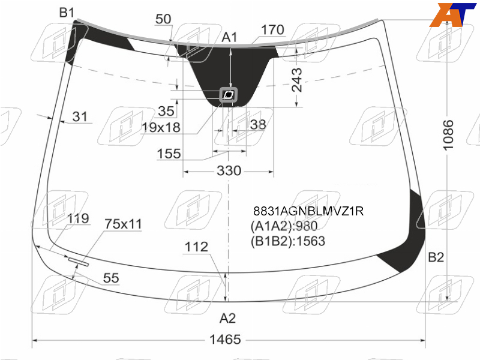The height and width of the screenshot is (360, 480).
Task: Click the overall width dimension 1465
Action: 225,340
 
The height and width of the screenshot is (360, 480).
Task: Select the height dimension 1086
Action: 448,135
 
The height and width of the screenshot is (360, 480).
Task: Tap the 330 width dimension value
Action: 229,170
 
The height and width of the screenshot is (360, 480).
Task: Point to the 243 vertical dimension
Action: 296,80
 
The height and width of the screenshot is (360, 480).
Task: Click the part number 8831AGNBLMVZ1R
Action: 308,211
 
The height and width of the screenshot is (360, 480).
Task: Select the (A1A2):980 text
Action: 284,226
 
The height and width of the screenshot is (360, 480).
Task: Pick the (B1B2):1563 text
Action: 288,241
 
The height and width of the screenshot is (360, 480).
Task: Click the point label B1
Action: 67,13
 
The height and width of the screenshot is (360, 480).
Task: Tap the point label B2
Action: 436,257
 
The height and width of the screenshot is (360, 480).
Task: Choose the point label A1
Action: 229,37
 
